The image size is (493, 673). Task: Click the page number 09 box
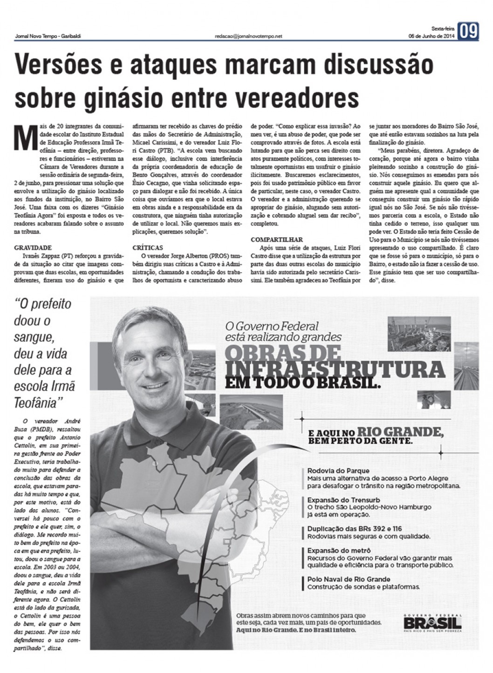coord(468,32)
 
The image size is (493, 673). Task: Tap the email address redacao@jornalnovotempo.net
coord(248,36)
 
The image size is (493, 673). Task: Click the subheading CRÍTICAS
coord(148,248)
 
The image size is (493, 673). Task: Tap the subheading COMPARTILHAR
coord(276,240)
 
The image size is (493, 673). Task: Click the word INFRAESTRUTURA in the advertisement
coord(334,369)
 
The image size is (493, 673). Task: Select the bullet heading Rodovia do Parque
coord(338,471)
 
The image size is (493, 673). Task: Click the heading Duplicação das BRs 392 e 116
coord(354,529)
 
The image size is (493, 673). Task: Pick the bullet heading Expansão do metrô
coord(339,551)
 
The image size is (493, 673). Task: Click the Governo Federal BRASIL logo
coord(432,622)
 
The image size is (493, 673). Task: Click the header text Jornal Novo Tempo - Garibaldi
coord(48,36)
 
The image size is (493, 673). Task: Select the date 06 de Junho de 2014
coord(431,36)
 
